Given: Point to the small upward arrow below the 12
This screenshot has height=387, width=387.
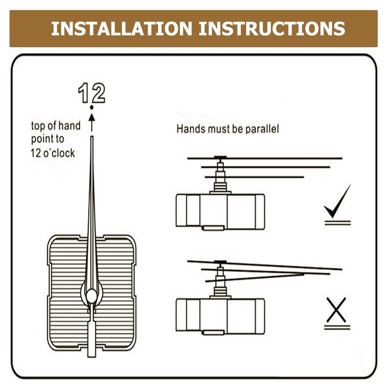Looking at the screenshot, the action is click(x=92, y=121).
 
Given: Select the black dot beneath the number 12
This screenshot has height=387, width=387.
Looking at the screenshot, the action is click(x=91, y=107).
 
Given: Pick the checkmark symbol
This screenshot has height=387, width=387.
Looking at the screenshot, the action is click(x=337, y=202).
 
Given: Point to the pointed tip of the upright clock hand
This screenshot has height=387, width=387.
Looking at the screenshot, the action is click(x=91, y=138).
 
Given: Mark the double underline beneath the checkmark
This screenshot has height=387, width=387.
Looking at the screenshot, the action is click(x=337, y=223).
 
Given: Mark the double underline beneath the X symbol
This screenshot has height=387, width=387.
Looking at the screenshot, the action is click(x=337, y=327).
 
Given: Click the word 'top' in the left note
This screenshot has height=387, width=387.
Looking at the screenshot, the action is click(x=38, y=126).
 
